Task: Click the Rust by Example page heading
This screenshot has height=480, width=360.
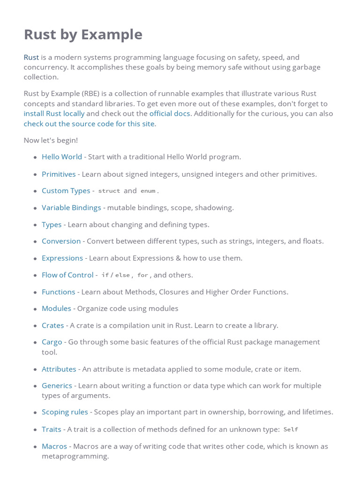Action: (x=83, y=35)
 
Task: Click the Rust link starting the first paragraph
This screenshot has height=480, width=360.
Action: (x=31, y=57)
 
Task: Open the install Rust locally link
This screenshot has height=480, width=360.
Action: (x=54, y=113)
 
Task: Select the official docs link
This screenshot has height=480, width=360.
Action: (x=170, y=113)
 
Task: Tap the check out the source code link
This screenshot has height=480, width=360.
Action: (x=89, y=124)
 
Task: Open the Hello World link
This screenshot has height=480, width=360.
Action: (x=62, y=157)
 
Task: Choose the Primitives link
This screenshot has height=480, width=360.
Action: (x=59, y=174)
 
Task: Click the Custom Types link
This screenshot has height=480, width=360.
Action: (x=66, y=191)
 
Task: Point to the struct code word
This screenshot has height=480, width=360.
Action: (x=109, y=191)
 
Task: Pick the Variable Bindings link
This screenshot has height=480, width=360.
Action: (x=71, y=208)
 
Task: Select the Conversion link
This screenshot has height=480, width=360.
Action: (x=61, y=241)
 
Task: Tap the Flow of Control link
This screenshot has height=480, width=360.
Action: (x=67, y=275)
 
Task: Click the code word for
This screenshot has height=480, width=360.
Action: (x=142, y=276)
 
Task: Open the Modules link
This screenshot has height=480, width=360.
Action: (x=56, y=308)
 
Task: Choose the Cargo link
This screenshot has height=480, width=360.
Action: (x=52, y=342)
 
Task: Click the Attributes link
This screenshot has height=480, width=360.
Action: (x=59, y=369)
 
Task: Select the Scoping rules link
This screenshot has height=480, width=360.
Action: (x=65, y=412)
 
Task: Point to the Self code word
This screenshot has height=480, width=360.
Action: (x=291, y=430)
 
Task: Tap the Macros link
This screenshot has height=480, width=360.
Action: (x=54, y=446)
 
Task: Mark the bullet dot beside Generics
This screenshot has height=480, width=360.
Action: (x=35, y=386)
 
